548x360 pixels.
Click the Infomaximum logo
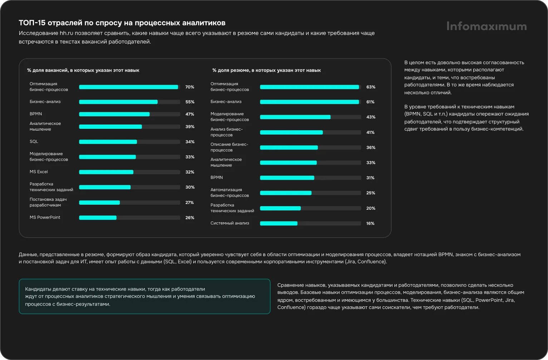coord(486,26)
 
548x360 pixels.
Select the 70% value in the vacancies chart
coord(190,87)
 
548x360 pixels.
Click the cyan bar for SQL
coord(108,142)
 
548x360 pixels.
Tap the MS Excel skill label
coord(39,172)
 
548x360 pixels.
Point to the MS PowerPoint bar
coord(98,218)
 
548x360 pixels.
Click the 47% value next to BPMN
coord(190,114)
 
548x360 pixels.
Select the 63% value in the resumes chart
coord(371,87)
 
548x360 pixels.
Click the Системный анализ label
coord(230,223)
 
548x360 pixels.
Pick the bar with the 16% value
coord(279,223)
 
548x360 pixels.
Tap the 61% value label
coord(370,102)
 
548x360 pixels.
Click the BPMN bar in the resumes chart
coord(287,178)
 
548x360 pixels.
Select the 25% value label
coord(371,193)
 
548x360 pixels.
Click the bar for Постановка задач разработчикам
coord(99,203)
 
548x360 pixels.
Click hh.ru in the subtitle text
coord(66,33)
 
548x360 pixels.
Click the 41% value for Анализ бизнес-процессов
coord(370,132)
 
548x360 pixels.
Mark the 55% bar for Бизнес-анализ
coord(118,102)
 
